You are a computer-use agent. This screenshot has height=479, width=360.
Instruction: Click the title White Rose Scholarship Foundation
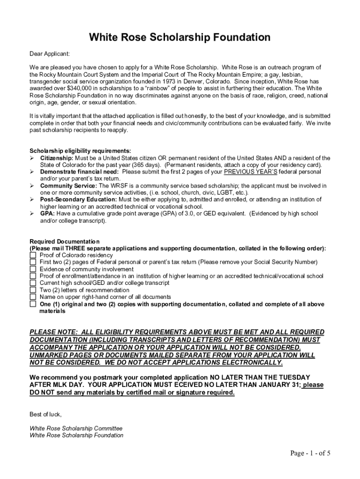tap(180, 37)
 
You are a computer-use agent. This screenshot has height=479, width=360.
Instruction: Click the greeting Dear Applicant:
tap(50, 54)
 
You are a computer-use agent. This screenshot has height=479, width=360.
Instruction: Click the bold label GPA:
tap(47, 213)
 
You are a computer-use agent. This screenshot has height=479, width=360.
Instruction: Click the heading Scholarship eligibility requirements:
tap(80, 151)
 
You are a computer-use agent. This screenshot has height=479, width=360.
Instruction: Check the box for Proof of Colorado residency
tap(33, 255)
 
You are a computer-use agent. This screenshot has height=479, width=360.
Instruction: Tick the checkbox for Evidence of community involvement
tap(33, 269)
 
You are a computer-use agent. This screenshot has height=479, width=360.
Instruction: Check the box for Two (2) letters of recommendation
tap(33, 290)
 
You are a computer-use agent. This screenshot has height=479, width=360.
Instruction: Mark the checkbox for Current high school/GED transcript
tap(33, 283)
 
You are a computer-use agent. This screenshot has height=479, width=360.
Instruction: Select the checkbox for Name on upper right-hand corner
tap(33, 297)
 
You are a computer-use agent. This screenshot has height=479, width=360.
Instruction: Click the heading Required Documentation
tap(65, 241)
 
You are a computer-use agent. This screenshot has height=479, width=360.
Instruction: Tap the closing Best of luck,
tap(45, 414)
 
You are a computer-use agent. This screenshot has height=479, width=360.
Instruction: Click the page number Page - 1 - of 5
tap(310, 453)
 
